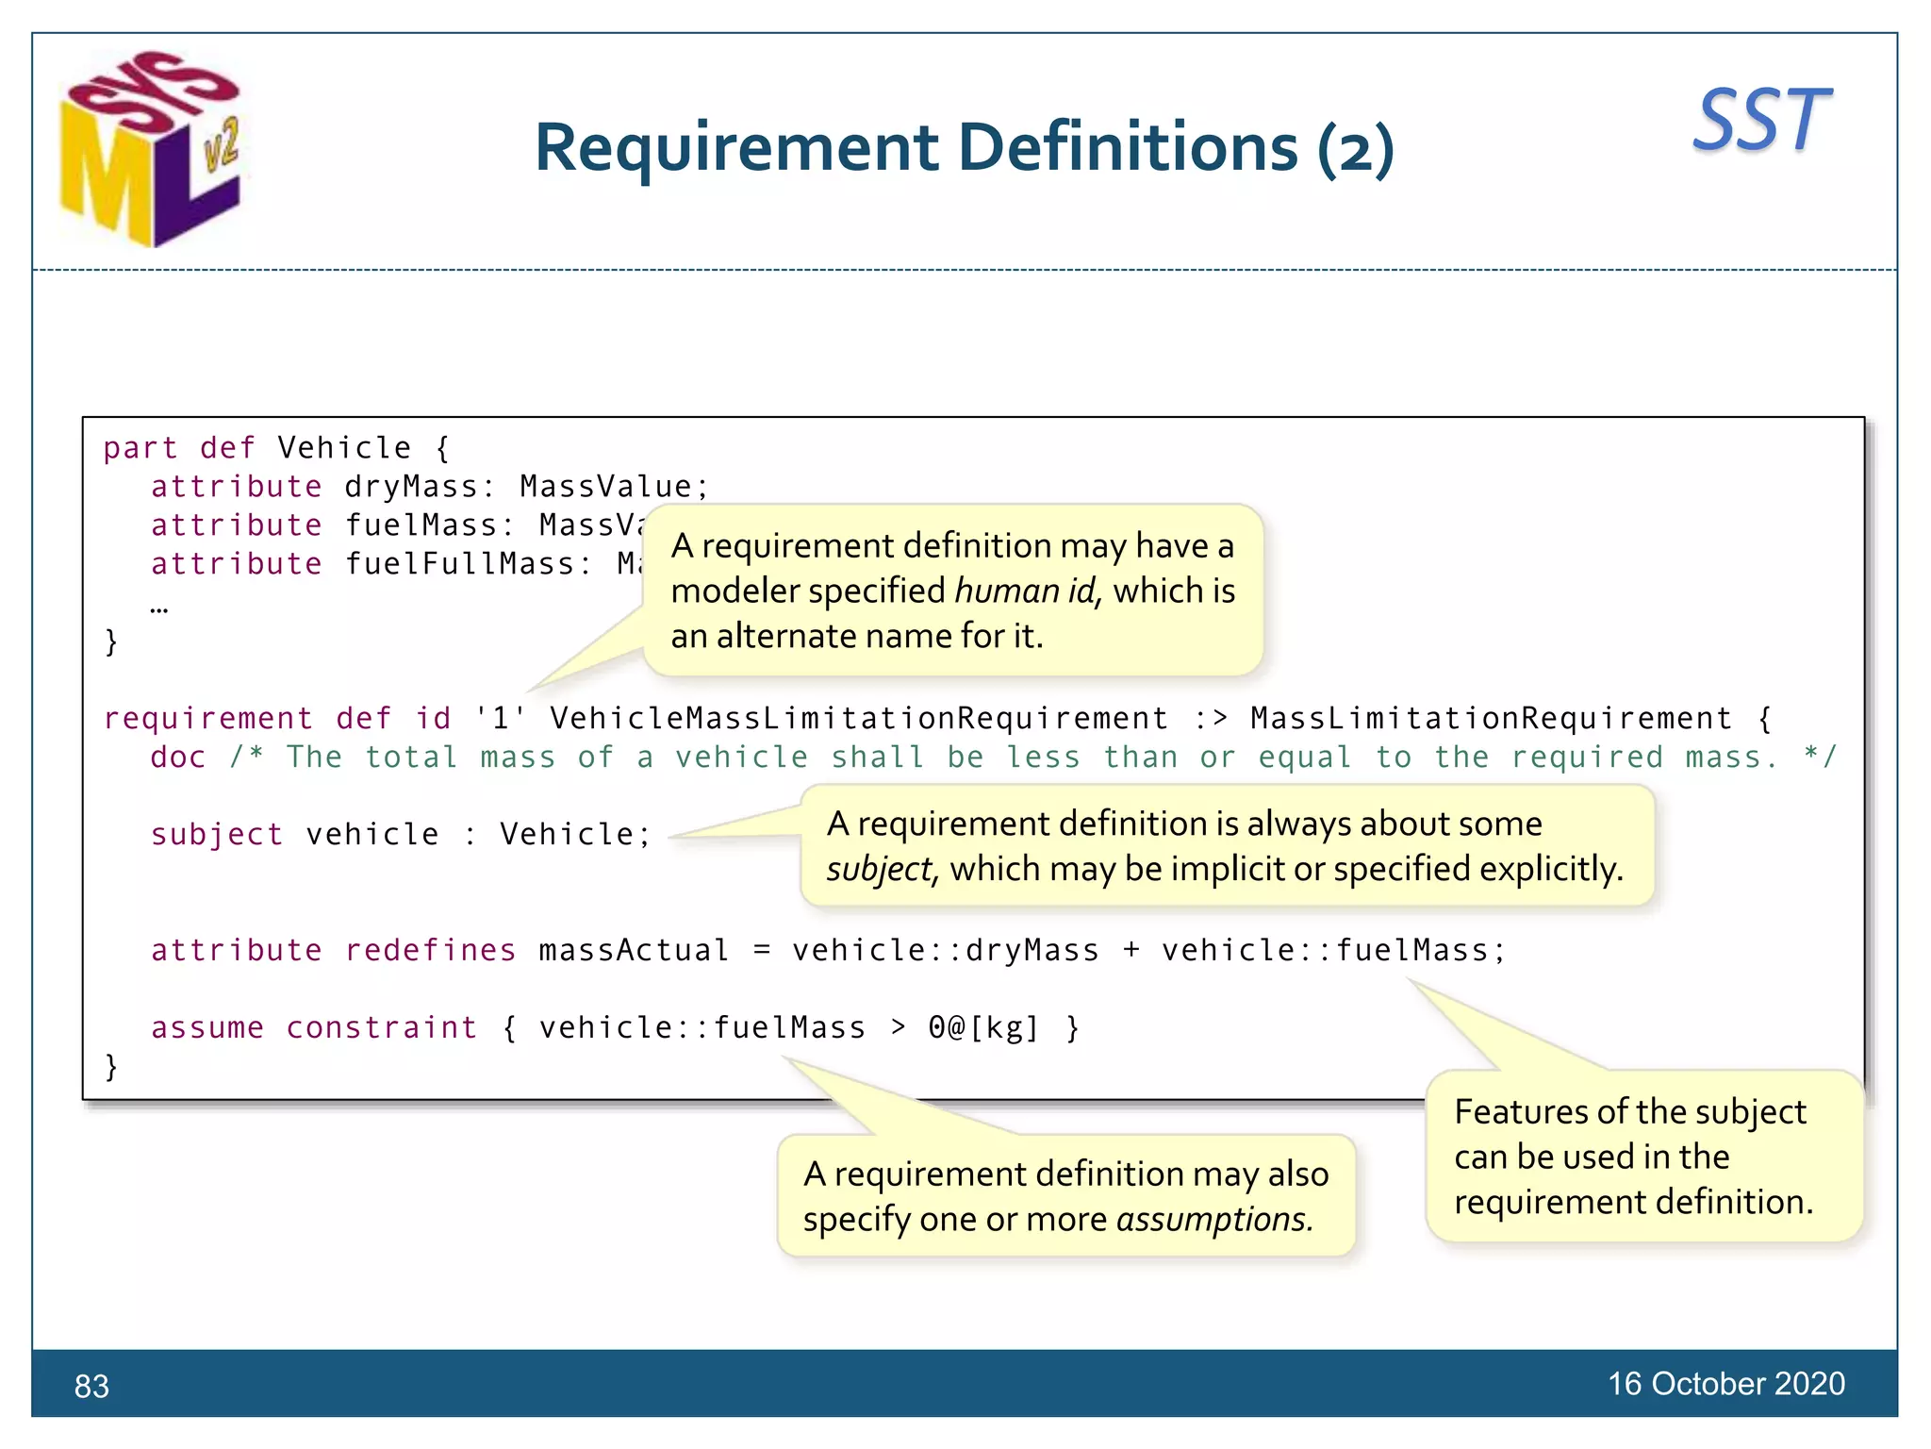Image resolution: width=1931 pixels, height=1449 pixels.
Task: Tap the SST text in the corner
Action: point(1761,121)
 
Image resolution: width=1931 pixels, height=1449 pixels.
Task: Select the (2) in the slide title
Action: point(1355,149)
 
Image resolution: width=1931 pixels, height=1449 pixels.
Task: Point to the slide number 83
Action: point(91,1386)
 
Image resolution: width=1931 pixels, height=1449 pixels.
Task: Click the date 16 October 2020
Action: point(1725,1383)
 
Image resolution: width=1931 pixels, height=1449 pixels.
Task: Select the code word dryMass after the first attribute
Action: point(411,487)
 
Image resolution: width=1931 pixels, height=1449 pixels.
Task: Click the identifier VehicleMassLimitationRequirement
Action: point(859,719)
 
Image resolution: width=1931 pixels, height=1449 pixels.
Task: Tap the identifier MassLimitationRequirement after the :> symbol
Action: point(1491,719)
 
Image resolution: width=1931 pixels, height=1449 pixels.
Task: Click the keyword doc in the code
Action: point(178,758)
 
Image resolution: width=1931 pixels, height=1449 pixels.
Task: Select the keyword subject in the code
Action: point(217,835)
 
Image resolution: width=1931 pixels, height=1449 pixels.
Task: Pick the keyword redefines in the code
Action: point(430,950)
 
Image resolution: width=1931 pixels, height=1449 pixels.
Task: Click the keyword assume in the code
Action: point(207,1027)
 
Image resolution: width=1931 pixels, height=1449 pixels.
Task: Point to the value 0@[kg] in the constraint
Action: point(983,1027)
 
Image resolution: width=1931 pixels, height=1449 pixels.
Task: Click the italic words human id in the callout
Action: point(1026,591)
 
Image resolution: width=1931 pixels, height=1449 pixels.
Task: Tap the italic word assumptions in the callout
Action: point(1213,1220)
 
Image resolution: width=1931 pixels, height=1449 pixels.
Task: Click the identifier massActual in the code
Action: point(634,950)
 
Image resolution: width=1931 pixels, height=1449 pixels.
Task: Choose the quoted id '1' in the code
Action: point(500,719)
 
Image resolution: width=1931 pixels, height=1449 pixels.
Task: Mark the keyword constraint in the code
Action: point(382,1027)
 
